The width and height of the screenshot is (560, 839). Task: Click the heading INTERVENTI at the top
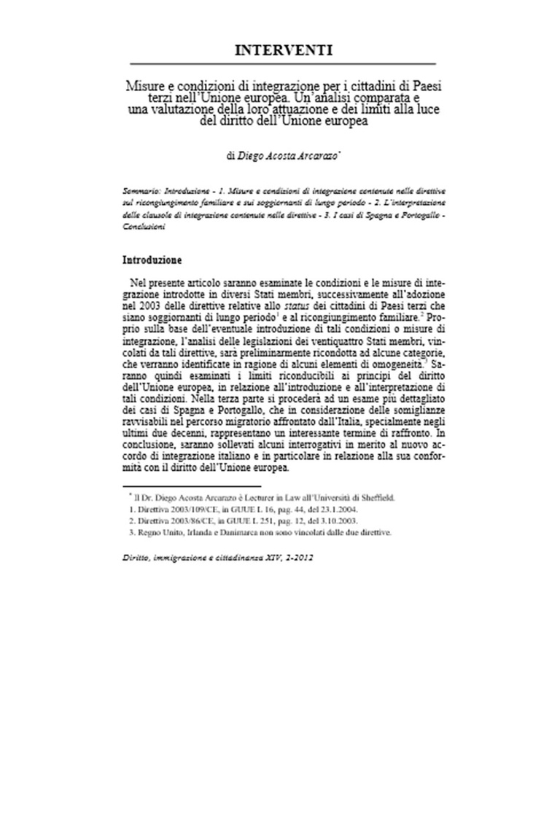[x=284, y=50]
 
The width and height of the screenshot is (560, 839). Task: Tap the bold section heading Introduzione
[x=152, y=259]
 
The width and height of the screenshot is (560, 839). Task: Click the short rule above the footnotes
[x=192, y=485]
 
